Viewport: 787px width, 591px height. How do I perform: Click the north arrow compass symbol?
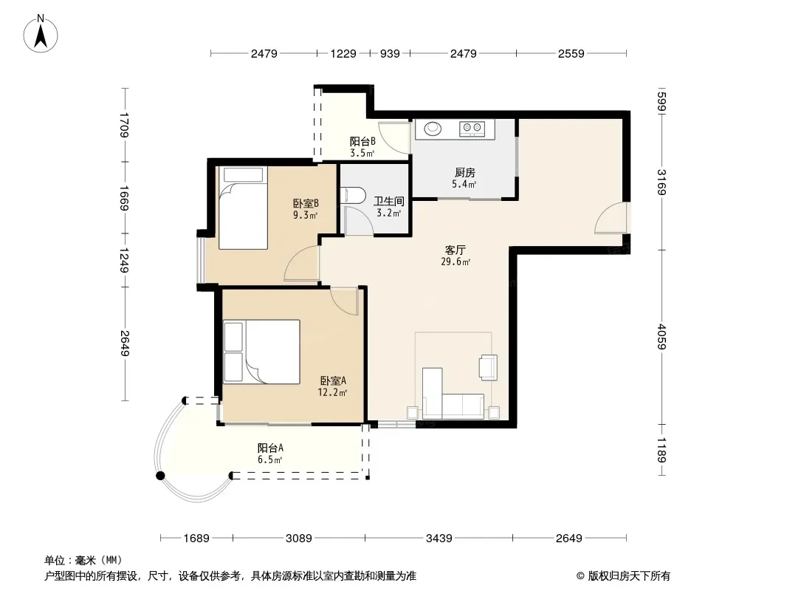(41, 34)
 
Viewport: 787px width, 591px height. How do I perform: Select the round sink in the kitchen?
(433, 129)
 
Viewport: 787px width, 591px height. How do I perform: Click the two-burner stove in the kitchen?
(472, 129)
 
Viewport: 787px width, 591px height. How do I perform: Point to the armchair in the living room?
(488, 366)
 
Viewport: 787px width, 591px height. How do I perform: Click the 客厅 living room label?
(456, 250)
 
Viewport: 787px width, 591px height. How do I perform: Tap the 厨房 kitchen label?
(465, 173)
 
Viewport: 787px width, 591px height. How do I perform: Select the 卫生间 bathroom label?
(389, 202)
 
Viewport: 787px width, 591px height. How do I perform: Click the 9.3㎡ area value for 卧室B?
(305, 216)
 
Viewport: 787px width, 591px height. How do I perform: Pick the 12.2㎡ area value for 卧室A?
(332, 392)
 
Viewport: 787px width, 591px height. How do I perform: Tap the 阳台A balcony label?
(270, 448)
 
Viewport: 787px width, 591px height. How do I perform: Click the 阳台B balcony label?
(362, 142)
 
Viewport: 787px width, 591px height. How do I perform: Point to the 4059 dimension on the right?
(661, 337)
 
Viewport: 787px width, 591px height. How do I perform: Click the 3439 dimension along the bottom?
(439, 539)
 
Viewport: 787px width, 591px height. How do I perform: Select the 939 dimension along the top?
(390, 53)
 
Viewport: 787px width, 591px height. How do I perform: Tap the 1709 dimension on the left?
(125, 125)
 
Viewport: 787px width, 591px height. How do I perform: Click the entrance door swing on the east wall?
(611, 218)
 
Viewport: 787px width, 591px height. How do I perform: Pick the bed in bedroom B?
(243, 208)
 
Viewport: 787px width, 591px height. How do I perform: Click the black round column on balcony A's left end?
(161, 476)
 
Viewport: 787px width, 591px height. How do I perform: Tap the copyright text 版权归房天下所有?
(629, 576)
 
